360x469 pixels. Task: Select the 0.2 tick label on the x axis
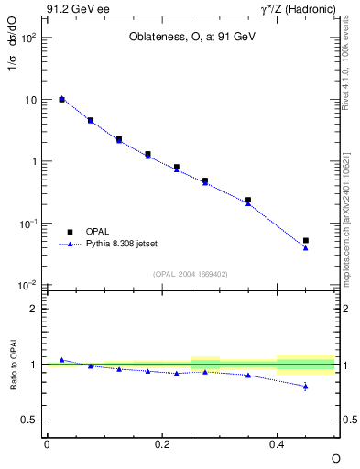[161, 443]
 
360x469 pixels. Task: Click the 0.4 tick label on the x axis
[277, 443]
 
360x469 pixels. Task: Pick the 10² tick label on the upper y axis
[27, 38]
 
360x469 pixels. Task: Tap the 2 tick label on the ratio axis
[32, 309]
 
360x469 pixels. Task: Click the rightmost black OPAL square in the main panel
[306, 241]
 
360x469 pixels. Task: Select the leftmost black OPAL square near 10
[61, 99]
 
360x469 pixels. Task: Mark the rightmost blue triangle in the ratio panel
[306, 386]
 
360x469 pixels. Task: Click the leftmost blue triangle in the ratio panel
[61, 360]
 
